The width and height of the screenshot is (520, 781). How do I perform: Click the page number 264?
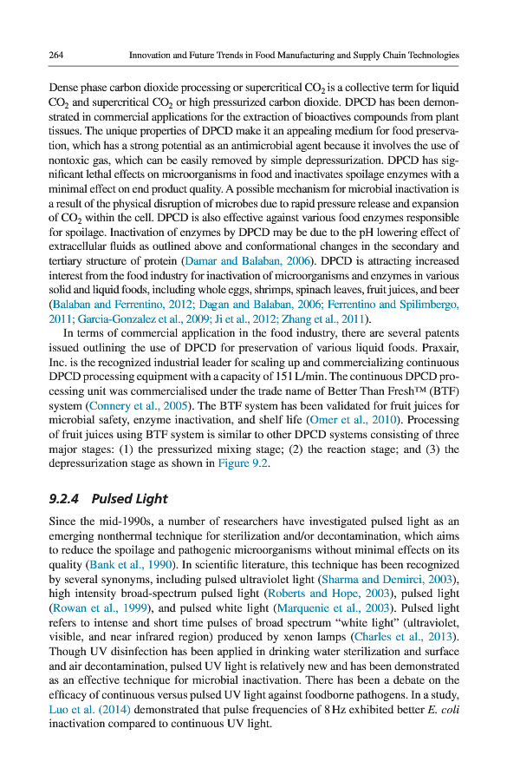point(56,56)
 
